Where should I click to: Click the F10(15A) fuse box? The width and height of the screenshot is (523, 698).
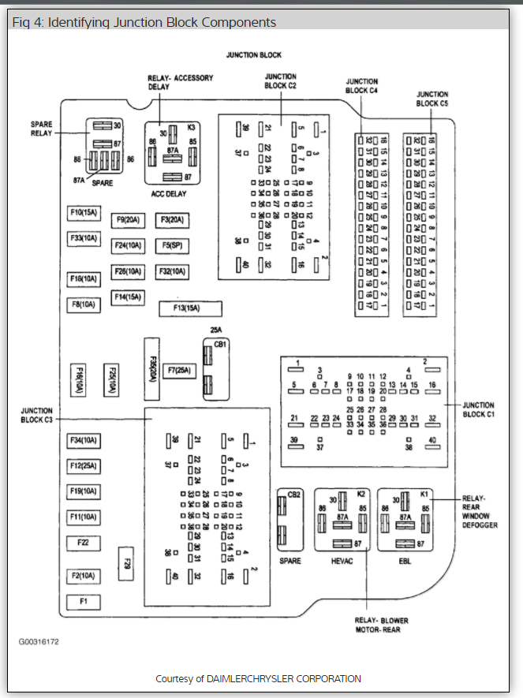(x=84, y=212)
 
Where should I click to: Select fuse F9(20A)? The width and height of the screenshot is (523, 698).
(x=127, y=220)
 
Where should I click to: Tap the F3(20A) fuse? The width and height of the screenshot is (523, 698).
(x=171, y=220)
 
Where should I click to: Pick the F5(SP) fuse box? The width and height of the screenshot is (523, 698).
(x=171, y=245)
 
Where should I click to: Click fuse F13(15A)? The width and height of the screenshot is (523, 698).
(x=190, y=308)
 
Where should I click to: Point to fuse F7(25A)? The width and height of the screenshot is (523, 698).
(x=179, y=369)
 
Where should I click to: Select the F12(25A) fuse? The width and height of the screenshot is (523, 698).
(x=84, y=465)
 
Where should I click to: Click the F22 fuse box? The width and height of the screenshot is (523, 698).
(x=84, y=543)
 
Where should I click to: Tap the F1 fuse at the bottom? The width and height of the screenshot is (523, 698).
(x=84, y=602)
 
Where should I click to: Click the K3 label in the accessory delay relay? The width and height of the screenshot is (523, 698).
(x=192, y=126)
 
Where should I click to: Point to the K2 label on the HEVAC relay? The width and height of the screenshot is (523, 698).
(x=361, y=494)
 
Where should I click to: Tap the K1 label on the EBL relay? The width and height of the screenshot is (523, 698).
(x=424, y=494)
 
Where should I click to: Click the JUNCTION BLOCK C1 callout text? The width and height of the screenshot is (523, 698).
(x=479, y=409)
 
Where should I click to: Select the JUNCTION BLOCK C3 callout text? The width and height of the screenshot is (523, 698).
(x=37, y=415)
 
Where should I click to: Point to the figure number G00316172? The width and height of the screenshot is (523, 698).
(x=39, y=641)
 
